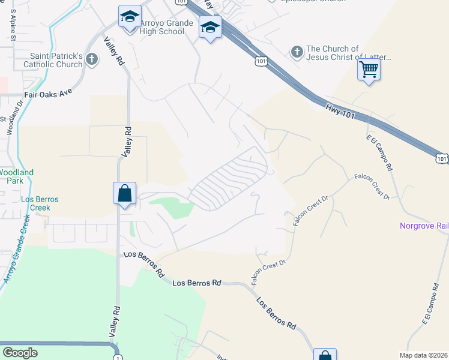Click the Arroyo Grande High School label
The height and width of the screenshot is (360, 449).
166,27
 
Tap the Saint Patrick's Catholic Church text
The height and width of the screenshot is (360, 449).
52,60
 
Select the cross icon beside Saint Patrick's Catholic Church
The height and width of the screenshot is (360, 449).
91,59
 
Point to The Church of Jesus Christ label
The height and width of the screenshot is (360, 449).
348,53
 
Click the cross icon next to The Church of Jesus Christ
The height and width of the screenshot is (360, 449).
297,52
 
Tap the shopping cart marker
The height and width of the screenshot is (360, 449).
369,70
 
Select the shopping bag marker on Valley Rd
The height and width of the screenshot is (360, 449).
124,194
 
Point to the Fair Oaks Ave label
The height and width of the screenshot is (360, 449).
48,94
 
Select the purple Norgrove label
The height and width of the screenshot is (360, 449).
424,226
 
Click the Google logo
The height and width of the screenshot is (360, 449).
20,353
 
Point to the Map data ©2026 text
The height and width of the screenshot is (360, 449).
423,355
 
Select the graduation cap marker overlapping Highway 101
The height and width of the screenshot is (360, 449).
211,28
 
